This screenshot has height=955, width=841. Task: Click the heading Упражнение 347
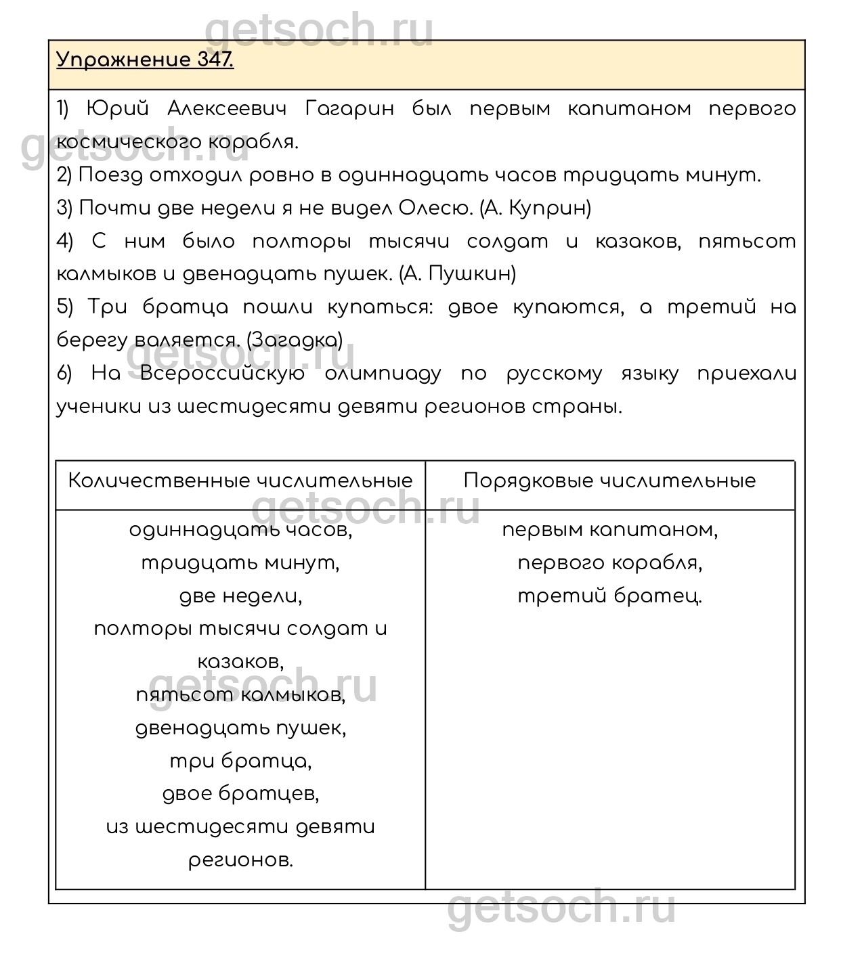click(x=145, y=60)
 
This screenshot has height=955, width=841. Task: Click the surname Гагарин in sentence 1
click(x=349, y=109)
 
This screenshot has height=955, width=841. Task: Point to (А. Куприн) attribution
click(x=535, y=208)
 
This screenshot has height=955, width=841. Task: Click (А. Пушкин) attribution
click(x=458, y=274)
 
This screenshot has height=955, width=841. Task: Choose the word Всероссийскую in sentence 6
click(x=223, y=374)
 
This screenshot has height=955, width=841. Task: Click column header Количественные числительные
click(x=240, y=481)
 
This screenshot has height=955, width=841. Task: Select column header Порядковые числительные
click(x=609, y=481)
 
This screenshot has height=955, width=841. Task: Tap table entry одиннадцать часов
click(x=240, y=530)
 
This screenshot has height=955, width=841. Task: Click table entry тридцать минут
click(x=240, y=563)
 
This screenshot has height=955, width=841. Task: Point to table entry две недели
click(x=240, y=596)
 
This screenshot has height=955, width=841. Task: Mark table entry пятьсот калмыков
click(x=240, y=695)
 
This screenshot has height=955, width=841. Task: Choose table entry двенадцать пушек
click(x=240, y=728)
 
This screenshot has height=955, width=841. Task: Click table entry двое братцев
click(x=240, y=794)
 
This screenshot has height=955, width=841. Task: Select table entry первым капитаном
click(x=609, y=530)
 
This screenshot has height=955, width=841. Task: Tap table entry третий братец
click(x=609, y=596)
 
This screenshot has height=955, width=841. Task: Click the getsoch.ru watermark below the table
click(x=561, y=908)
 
